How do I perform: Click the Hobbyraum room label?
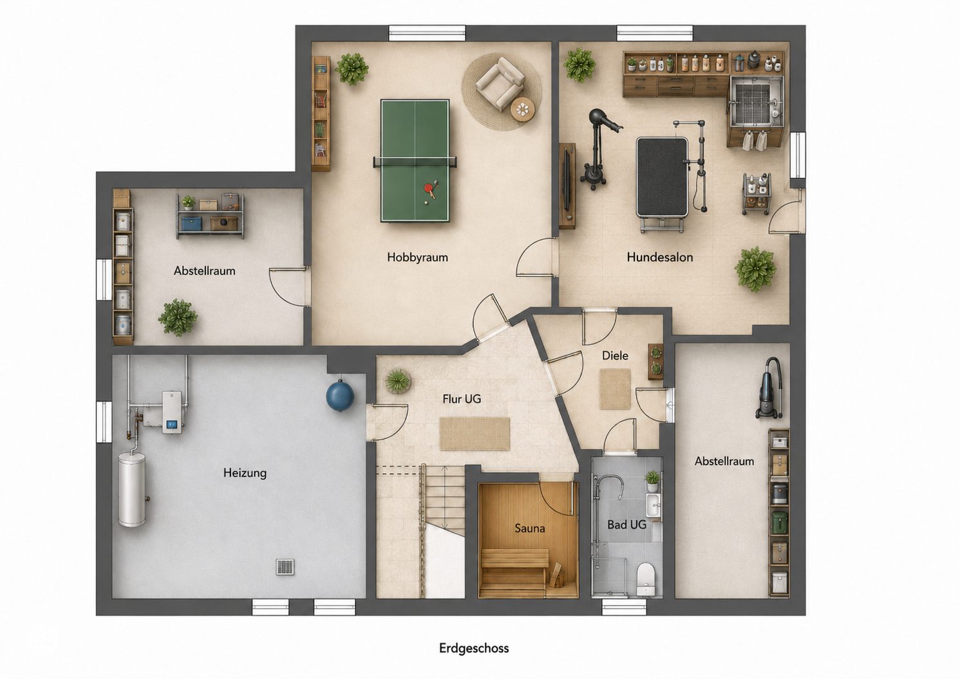(417, 257)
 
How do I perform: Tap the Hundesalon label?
(659, 257)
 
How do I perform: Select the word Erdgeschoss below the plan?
(474, 648)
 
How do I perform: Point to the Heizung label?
(245, 473)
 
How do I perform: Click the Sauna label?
(530, 528)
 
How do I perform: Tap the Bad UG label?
(626, 525)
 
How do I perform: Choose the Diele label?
(615, 355)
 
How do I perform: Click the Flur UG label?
(462, 399)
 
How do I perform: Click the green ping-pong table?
(415, 161)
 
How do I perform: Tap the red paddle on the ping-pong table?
(429, 190)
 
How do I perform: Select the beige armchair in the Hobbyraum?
(500, 84)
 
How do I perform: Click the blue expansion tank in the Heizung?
(340, 396)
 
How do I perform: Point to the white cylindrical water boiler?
(132, 489)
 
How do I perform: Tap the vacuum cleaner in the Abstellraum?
(769, 388)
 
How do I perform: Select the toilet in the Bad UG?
(646, 579)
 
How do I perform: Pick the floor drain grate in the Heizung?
(285, 567)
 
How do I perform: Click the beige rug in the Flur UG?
(475, 434)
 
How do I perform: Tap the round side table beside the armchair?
(522, 109)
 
